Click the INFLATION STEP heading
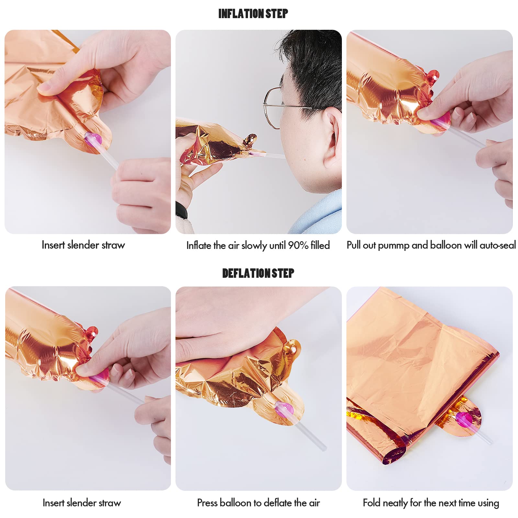coord(253,14)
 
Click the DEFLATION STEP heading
coord(258,273)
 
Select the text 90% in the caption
coord(298,245)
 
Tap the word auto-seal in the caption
coord(498,245)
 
